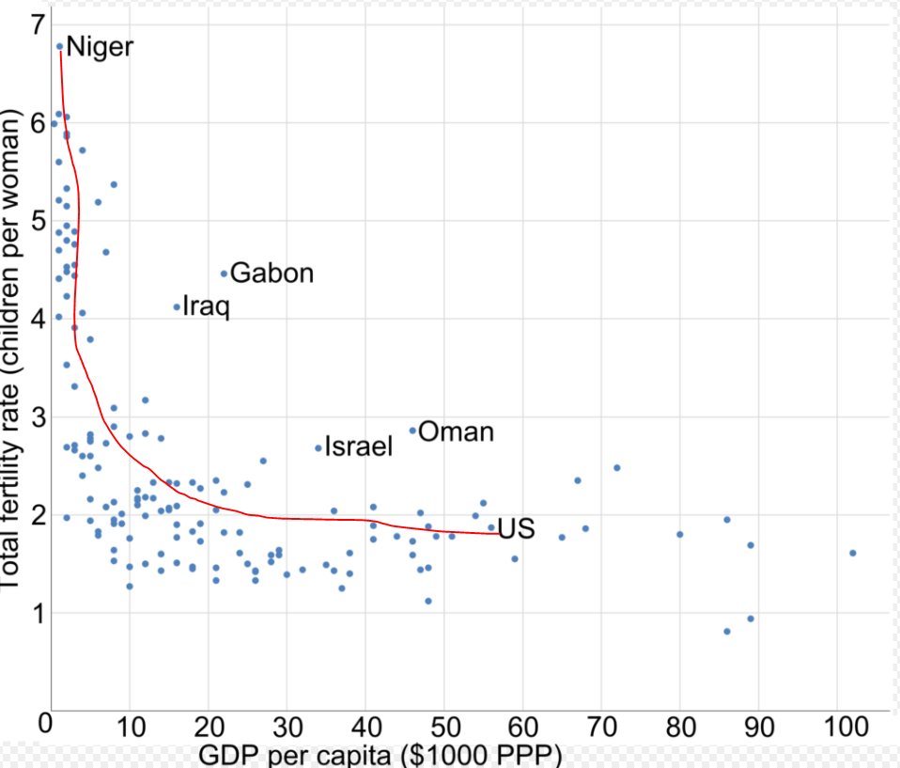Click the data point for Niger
60,45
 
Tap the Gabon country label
272,274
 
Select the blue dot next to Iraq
177,306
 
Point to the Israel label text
358,447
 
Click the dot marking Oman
412,431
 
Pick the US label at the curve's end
516,529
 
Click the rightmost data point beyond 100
852,553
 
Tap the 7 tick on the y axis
36,25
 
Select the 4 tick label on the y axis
36,319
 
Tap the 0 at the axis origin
44,725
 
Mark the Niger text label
100,46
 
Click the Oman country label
456,431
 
